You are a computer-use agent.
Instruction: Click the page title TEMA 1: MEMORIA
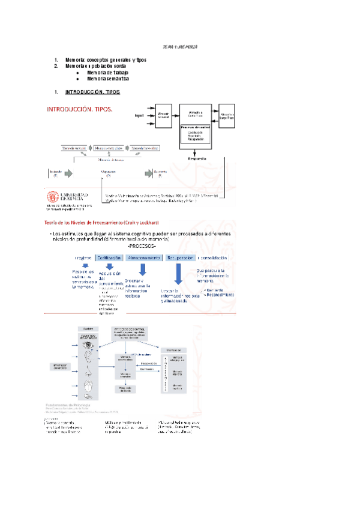pyautogui.click(x=181, y=47)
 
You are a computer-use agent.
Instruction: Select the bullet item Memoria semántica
pyautogui.click(x=107, y=79)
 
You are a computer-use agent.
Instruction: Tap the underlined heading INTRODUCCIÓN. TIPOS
pyautogui.click(x=92, y=92)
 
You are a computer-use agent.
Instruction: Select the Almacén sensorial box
pyautogui.click(x=163, y=115)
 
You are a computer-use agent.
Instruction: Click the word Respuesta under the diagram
pyautogui.click(x=197, y=159)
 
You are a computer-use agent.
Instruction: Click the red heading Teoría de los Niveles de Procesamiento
pyautogui.click(x=103, y=223)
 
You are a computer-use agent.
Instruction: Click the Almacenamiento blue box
pyautogui.click(x=144, y=258)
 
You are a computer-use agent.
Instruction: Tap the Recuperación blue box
pyautogui.click(x=179, y=258)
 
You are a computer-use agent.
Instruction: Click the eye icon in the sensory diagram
pyautogui.click(x=88, y=345)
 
